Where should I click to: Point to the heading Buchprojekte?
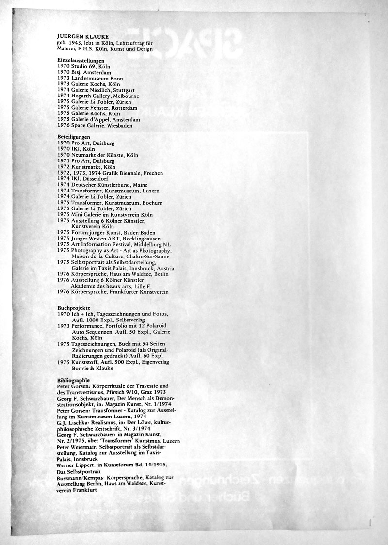tap(73, 308)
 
